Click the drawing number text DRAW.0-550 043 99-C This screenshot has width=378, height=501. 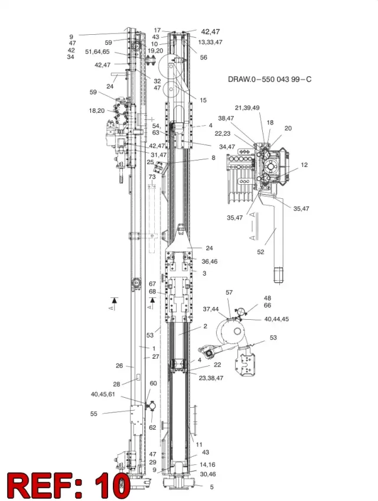coord(269,79)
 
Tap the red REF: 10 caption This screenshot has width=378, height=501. coord(69,484)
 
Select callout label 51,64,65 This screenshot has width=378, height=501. coord(97,52)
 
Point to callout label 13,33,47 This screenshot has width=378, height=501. coord(210,42)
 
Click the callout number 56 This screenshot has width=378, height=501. coord(203,57)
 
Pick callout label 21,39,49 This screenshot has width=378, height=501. coord(247,108)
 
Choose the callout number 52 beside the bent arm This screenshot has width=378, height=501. coord(260,252)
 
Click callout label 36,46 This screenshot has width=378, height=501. coord(210,261)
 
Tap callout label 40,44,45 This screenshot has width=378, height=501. coord(276,319)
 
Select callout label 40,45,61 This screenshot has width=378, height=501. coord(103,394)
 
